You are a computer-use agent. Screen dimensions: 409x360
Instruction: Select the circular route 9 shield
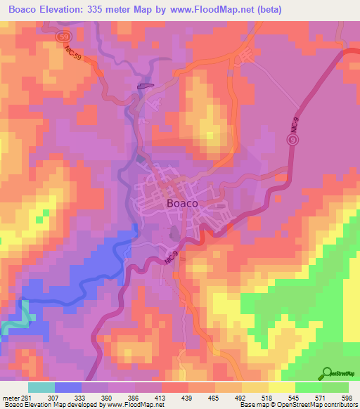(292, 140)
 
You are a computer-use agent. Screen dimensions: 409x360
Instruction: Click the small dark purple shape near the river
(145, 86)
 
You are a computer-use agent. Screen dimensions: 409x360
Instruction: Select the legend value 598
(347, 397)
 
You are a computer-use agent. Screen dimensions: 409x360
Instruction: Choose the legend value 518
(269, 397)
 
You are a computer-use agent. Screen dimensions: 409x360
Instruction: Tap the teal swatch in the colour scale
(41, 387)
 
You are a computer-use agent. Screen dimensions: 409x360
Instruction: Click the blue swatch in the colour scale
(67, 387)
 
